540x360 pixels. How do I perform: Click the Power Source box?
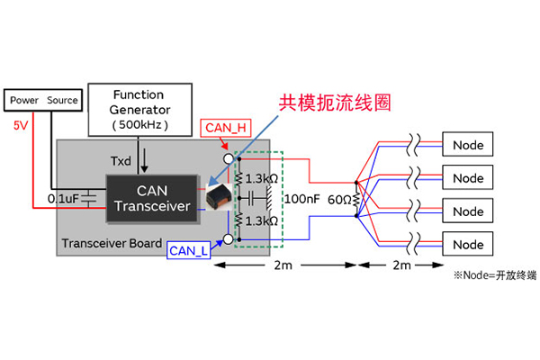coord(43,100)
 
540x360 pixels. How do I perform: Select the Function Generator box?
coord(139,107)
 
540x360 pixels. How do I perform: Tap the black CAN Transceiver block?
coord(150,197)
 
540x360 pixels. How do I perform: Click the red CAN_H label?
coord(227,130)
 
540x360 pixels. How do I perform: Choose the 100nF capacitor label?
coord(301,196)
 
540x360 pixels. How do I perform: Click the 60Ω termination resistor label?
coord(338,197)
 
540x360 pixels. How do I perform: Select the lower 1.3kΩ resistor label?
coord(260,219)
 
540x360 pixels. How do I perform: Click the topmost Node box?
coord(468,145)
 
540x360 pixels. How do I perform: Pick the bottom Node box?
coord(468,244)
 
